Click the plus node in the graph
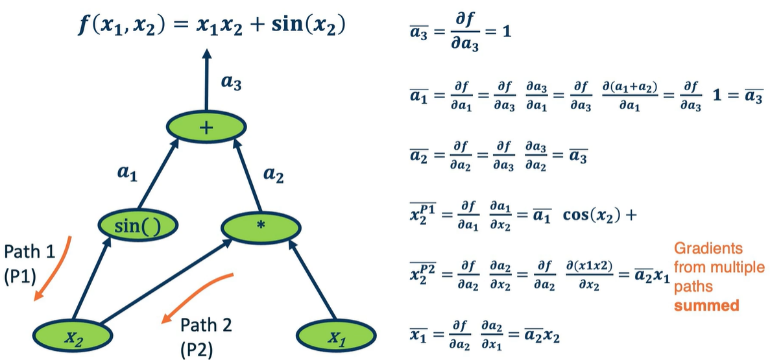206,128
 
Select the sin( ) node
138,226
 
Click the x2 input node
73,336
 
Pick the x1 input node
337,337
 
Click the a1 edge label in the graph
127,175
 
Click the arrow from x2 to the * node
166,282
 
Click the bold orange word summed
706,306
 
